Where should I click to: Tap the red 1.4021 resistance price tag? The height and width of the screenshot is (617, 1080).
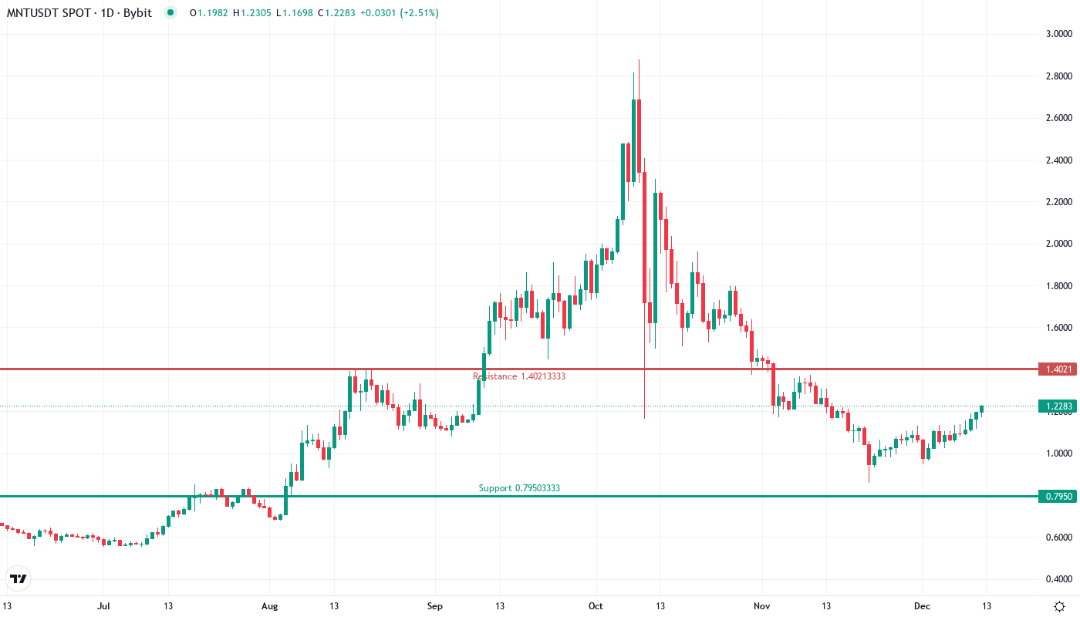[1056, 369]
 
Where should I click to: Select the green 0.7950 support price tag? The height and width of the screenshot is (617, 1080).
[1056, 497]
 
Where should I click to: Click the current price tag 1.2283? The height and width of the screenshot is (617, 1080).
[1056, 406]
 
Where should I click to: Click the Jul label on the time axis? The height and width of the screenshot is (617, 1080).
[103, 606]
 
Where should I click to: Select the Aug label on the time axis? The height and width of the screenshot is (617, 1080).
[269, 606]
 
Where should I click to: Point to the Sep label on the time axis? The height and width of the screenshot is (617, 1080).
[435, 606]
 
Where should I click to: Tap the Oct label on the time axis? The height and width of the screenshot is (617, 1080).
[596, 606]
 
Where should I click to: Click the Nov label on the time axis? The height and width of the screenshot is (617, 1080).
[762, 606]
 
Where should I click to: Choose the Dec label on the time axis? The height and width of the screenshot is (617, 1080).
[923, 606]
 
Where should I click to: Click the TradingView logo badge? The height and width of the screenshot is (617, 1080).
[19, 578]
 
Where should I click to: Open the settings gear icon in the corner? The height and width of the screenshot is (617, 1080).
[1061, 606]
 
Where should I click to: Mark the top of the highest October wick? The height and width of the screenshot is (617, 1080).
[639, 60]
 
